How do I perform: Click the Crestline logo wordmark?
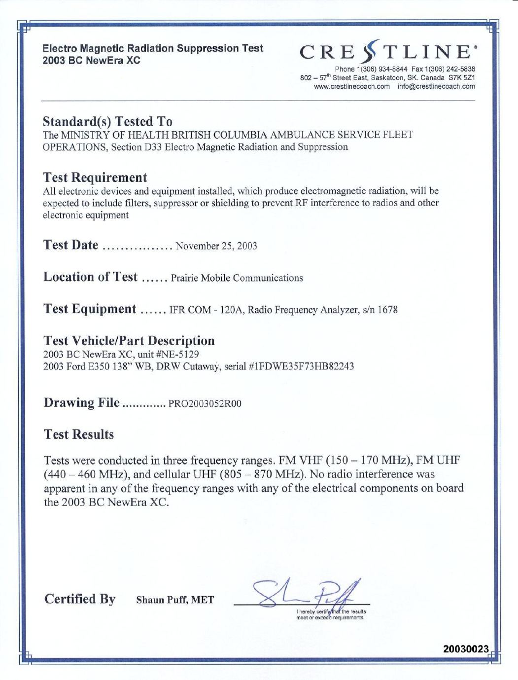pos(387,52)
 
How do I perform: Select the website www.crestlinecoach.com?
pos(352,86)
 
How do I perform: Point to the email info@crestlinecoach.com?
pos(437,86)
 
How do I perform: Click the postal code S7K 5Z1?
pos(462,78)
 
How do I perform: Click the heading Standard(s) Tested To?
pos(107,121)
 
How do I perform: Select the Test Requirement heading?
pos(95,178)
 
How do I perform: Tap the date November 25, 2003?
pos(216,246)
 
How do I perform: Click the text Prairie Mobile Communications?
pos(237,278)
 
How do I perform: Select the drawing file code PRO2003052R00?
pos(205,404)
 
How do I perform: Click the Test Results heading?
pos(79,434)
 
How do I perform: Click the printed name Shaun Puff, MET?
pos(175,600)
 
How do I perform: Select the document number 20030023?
pos(466,649)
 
